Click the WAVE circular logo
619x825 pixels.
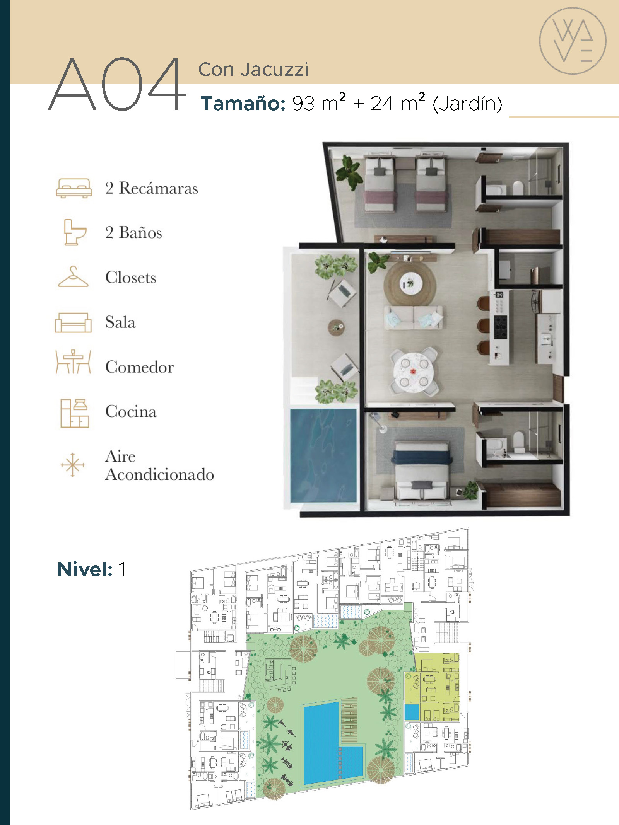point(573,41)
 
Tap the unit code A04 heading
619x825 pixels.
point(117,84)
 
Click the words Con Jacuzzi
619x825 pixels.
point(253,70)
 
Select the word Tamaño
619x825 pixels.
point(243,103)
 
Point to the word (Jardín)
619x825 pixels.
point(467,104)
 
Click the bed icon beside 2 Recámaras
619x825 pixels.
point(74,188)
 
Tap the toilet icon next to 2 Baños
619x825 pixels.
point(75,232)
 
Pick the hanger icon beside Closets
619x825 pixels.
point(73,277)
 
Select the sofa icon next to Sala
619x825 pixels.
point(73,322)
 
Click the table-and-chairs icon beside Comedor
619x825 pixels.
point(73,362)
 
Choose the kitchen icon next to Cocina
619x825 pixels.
point(75,413)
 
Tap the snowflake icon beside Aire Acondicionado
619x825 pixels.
point(72,465)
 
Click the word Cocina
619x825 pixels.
point(131,411)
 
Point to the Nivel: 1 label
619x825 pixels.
point(92,569)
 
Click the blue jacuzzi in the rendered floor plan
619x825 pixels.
point(323,455)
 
